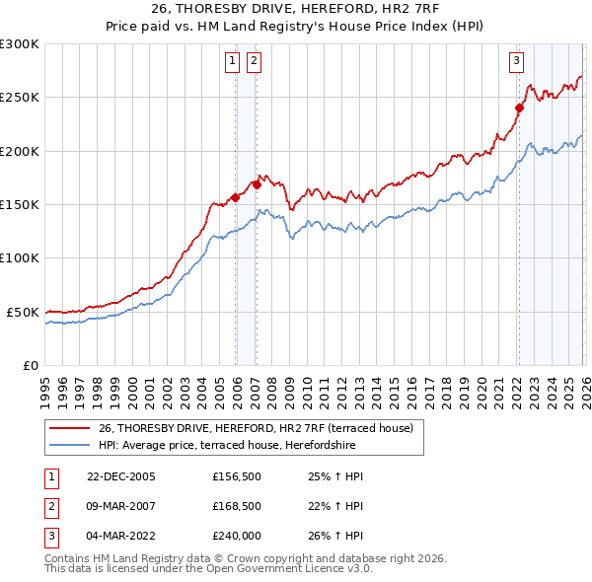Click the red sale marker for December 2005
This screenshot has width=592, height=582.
click(x=236, y=197)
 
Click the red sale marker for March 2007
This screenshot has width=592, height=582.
click(x=257, y=183)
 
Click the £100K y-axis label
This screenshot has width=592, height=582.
click(x=19, y=257)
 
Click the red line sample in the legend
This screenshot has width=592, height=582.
click(x=70, y=427)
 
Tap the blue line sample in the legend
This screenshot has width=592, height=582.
click(x=70, y=444)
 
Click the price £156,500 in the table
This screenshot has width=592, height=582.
click(x=237, y=476)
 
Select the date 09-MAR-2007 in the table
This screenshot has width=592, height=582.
click(x=120, y=505)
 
